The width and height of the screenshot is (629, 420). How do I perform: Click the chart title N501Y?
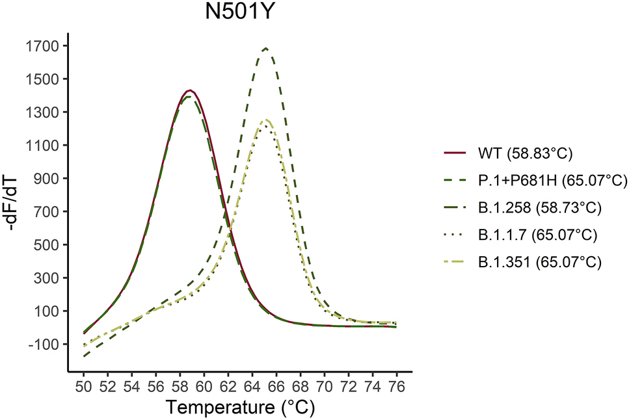tap(240, 12)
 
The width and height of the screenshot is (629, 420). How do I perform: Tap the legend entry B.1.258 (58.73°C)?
tap(538, 208)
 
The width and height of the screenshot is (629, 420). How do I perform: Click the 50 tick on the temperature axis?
tap(84, 386)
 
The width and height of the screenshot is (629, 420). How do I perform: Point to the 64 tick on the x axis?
tap(252, 386)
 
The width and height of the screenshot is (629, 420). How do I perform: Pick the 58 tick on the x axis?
tap(180, 386)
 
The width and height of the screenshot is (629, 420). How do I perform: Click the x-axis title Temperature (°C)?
tap(240, 408)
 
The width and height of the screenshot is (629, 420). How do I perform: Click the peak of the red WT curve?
tap(189, 90)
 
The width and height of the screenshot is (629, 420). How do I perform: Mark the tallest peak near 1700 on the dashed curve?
tap(265, 48)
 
